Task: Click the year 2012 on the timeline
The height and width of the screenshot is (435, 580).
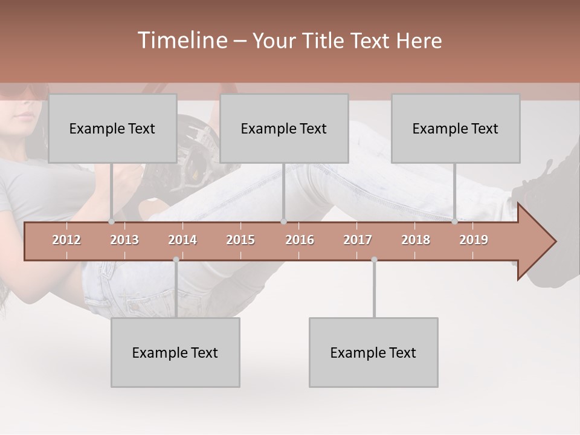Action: click(66, 240)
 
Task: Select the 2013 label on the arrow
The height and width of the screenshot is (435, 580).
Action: click(124, 240)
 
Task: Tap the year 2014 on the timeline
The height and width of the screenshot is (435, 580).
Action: click(182, 240)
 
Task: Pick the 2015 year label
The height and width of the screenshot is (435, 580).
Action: click(240, 240)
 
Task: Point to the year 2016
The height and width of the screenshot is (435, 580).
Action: click(300, 240)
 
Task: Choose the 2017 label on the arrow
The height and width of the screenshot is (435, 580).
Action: click(358, 240)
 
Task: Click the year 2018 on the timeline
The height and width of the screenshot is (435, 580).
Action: click(416, 240)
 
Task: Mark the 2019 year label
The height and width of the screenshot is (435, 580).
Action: click(474, 240)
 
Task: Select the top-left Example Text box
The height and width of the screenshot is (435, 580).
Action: click(112, 129)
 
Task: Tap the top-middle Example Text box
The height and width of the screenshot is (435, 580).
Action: click(284, 129)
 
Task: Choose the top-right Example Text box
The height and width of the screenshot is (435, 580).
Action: click(456, 129)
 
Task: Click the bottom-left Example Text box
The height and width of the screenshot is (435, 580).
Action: click(175, 353)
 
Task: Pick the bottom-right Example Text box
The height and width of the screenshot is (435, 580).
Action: click(373, 353)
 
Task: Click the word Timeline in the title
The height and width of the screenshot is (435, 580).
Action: click(182, 40)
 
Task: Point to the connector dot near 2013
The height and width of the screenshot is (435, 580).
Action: click(111, 222)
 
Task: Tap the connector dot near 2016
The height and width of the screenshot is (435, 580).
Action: click(283, 222)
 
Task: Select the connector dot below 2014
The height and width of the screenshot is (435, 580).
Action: click(176, 260)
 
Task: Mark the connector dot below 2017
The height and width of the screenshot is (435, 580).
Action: click(374, 260)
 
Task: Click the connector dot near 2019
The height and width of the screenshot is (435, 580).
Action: click(454, 222)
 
